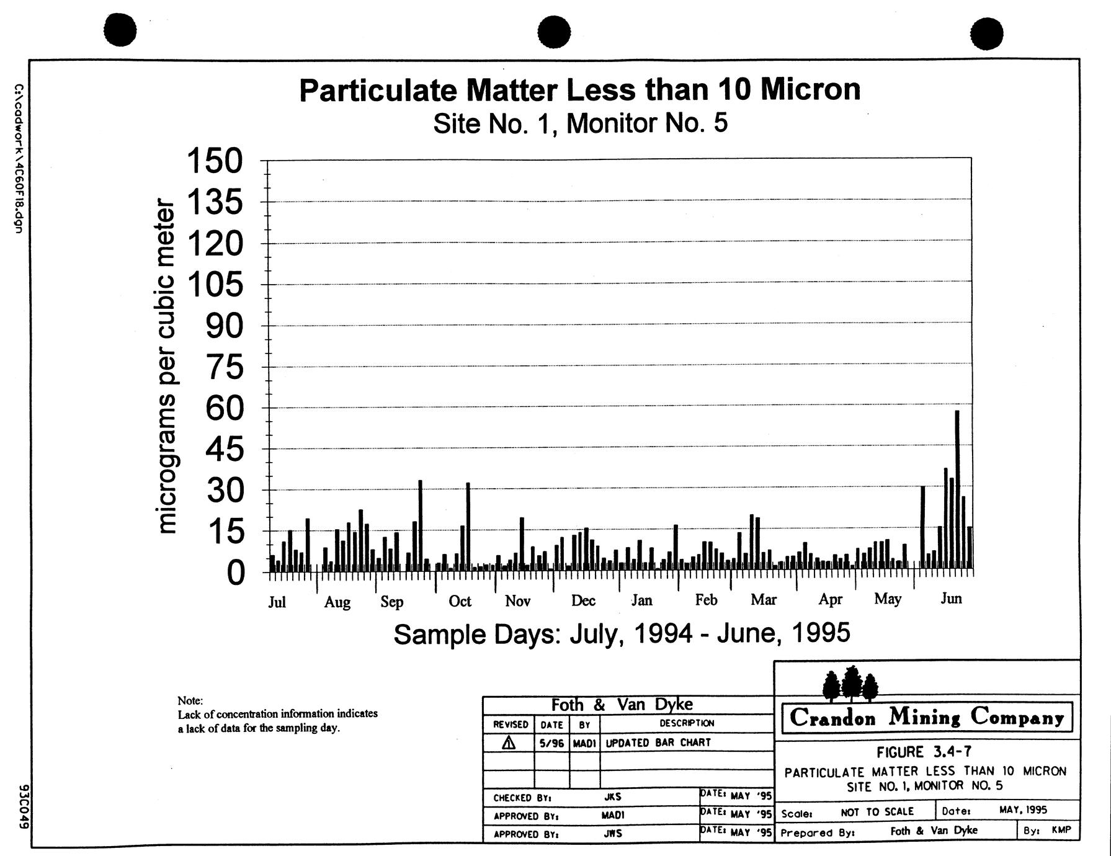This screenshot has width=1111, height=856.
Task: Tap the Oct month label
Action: [460, 600]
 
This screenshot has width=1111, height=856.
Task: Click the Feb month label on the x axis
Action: [706, 599]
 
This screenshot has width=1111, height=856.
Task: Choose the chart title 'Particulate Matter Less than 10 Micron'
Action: [579, 90]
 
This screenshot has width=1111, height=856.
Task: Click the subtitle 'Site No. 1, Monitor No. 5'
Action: [579, 123]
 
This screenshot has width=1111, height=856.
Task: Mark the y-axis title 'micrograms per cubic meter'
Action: [166, 366]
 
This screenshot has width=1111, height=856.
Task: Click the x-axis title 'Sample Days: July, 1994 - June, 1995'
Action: [622, 633]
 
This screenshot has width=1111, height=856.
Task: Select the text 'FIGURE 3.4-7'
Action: [924, 752]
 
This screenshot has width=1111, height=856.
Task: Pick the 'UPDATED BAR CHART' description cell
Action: [658, 742]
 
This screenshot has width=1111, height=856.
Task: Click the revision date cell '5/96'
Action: [551, 742]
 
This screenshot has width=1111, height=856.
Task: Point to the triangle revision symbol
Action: [509, 742]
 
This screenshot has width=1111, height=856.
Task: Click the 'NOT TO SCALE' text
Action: [877, 811]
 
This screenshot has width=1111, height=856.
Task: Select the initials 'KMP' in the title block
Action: [1061, 829]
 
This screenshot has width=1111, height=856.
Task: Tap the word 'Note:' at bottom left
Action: [190, 701]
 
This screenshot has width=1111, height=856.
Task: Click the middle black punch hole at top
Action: [554, 32]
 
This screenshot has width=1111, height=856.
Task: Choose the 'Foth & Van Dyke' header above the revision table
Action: [622, 705]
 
